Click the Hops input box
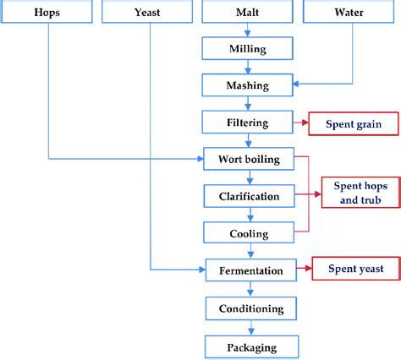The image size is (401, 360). click(47, 13)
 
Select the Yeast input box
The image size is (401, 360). click(148, 13)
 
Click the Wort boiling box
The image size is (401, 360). click(249, 159)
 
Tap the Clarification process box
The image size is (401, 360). click(249, 196)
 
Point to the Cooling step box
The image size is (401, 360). click(249, 232)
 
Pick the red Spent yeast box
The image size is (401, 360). click(354, 270)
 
